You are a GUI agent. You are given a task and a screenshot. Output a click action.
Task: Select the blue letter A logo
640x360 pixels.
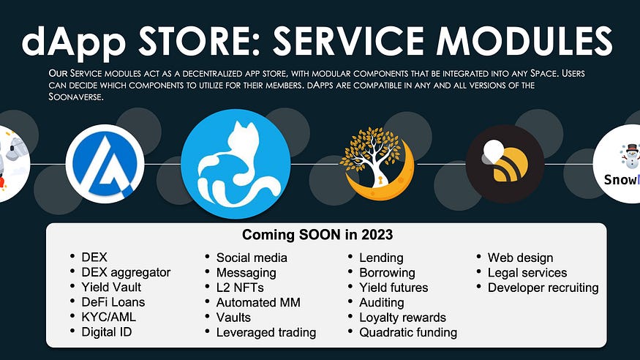tap(105, 164)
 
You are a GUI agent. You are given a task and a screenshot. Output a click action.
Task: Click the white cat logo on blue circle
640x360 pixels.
tap(236, 164)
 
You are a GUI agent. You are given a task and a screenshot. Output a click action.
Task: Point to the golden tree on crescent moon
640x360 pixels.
tap(377, 164)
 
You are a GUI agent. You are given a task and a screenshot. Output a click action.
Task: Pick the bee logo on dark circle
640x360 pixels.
tap(505, 164)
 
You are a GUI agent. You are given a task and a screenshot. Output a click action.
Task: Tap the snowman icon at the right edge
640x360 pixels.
tap(631, 156)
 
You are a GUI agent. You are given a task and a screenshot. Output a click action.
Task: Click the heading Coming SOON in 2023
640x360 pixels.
tap(317, 235)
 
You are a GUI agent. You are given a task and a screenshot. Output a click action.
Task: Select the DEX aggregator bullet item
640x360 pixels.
tap(126, 273)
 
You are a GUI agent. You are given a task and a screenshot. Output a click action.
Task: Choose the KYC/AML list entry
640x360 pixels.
tap(108, 317)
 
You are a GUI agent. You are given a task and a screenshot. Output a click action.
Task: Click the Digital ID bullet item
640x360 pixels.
tap(107, 332)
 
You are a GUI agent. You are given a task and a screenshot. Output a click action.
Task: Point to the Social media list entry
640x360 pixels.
tap(252, 258)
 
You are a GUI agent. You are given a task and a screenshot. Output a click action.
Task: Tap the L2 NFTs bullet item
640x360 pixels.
tap(240, 288)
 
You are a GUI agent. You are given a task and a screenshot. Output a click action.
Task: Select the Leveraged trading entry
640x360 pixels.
tap(266, 333)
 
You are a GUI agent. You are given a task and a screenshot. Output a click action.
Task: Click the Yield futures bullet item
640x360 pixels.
tap(394, 288)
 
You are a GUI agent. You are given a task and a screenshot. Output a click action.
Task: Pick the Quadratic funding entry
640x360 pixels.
tap(408, 333)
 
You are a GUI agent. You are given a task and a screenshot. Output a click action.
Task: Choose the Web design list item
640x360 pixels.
tap(520, 258)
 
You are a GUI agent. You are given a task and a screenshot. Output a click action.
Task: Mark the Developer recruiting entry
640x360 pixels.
tap(543, 288)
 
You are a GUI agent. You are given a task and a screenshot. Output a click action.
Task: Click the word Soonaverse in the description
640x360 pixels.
tap(75, 97)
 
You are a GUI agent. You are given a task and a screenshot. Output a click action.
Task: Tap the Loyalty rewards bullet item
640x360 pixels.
tap(402, 318)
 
